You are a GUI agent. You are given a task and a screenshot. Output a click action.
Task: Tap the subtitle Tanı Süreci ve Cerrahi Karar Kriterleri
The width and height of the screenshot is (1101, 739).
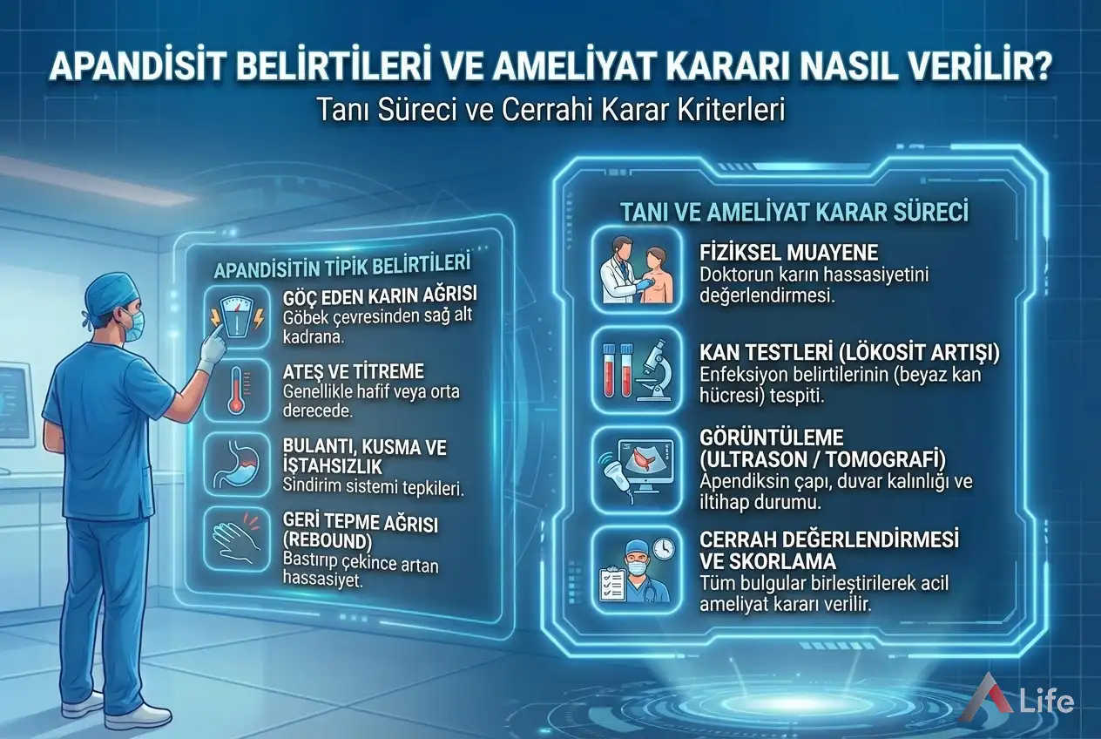[550, 111]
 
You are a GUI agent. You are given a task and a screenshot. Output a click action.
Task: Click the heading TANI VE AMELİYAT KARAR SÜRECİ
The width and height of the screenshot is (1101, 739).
[794, 211]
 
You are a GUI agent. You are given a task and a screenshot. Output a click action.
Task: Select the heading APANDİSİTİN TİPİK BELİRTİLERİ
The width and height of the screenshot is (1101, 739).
[342, 266]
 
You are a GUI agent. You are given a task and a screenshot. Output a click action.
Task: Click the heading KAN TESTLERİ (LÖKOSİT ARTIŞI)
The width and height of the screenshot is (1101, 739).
[849, 353]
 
